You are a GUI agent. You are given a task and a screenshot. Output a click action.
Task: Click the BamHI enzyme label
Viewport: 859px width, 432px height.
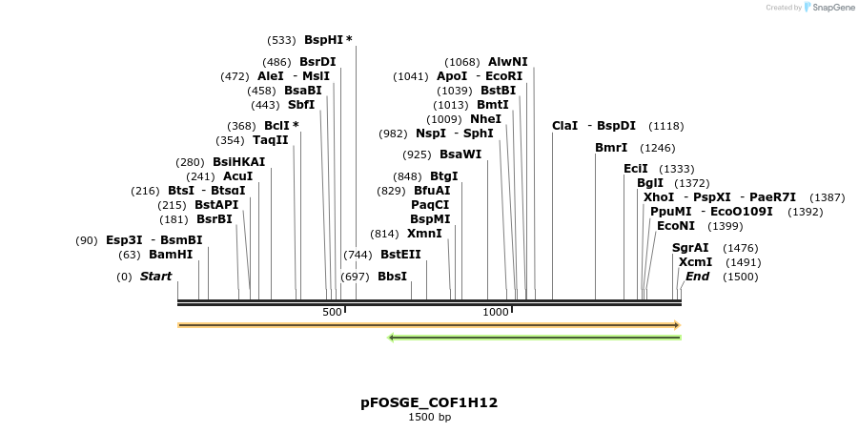(171, 255)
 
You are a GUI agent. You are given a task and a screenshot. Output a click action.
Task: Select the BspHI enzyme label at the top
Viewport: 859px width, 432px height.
(323, 40)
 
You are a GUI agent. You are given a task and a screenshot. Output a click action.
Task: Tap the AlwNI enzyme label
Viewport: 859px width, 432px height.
(507, 62)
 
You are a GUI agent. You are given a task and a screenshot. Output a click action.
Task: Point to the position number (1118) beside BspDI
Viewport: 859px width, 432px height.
(665, 126)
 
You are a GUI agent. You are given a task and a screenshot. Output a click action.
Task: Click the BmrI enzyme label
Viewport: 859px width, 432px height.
(611, 148)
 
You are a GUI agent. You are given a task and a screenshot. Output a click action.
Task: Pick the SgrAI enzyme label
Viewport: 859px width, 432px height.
(690, 248)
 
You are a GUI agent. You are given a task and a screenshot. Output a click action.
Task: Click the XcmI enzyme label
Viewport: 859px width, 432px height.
(695, 262)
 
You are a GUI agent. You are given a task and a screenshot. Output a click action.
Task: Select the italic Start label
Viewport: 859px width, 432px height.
(156, 277)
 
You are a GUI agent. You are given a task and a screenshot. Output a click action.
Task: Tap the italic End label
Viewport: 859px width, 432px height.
(697, 277)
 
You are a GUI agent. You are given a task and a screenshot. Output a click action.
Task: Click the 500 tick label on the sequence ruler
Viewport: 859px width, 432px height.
(332, 313)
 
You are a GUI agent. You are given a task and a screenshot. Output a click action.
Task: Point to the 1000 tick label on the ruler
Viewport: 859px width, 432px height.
(495, 313)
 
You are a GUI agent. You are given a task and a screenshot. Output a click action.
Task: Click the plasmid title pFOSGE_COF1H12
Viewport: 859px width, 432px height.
(429, 402)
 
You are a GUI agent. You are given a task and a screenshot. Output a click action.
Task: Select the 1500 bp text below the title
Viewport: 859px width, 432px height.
(429, 418)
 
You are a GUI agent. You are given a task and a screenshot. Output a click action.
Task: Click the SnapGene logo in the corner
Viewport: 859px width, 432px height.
(829, 8)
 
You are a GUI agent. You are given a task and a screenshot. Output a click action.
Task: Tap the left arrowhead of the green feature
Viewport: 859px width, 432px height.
(391, 337)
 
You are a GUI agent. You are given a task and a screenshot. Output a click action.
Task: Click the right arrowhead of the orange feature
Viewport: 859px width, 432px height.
(676, 325)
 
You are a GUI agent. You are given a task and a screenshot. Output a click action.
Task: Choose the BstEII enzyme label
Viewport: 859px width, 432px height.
(400, 255)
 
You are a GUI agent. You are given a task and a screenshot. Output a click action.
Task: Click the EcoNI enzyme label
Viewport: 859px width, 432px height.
(676, 226)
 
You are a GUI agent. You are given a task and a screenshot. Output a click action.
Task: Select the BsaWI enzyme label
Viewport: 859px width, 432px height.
(460, 154)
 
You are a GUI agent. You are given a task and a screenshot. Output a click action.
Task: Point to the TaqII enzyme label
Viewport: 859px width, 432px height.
(271, 140)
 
